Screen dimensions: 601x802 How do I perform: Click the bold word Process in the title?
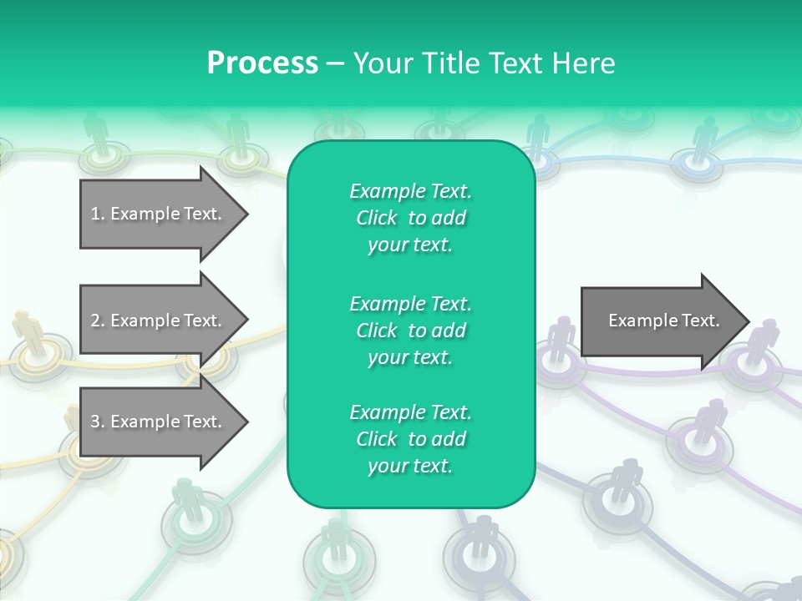click(262, 63)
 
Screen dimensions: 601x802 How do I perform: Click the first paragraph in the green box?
click(410, 218)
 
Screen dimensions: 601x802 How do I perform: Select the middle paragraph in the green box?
click(410, 331)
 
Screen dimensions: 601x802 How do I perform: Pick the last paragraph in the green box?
click(410, 439)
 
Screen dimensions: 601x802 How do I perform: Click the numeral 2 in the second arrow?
click(94, 321)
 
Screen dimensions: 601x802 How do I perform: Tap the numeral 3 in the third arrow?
click(94, 422)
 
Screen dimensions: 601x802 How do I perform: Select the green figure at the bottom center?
click(335, 538)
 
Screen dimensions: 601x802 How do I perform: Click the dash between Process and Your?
click(335, 63)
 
